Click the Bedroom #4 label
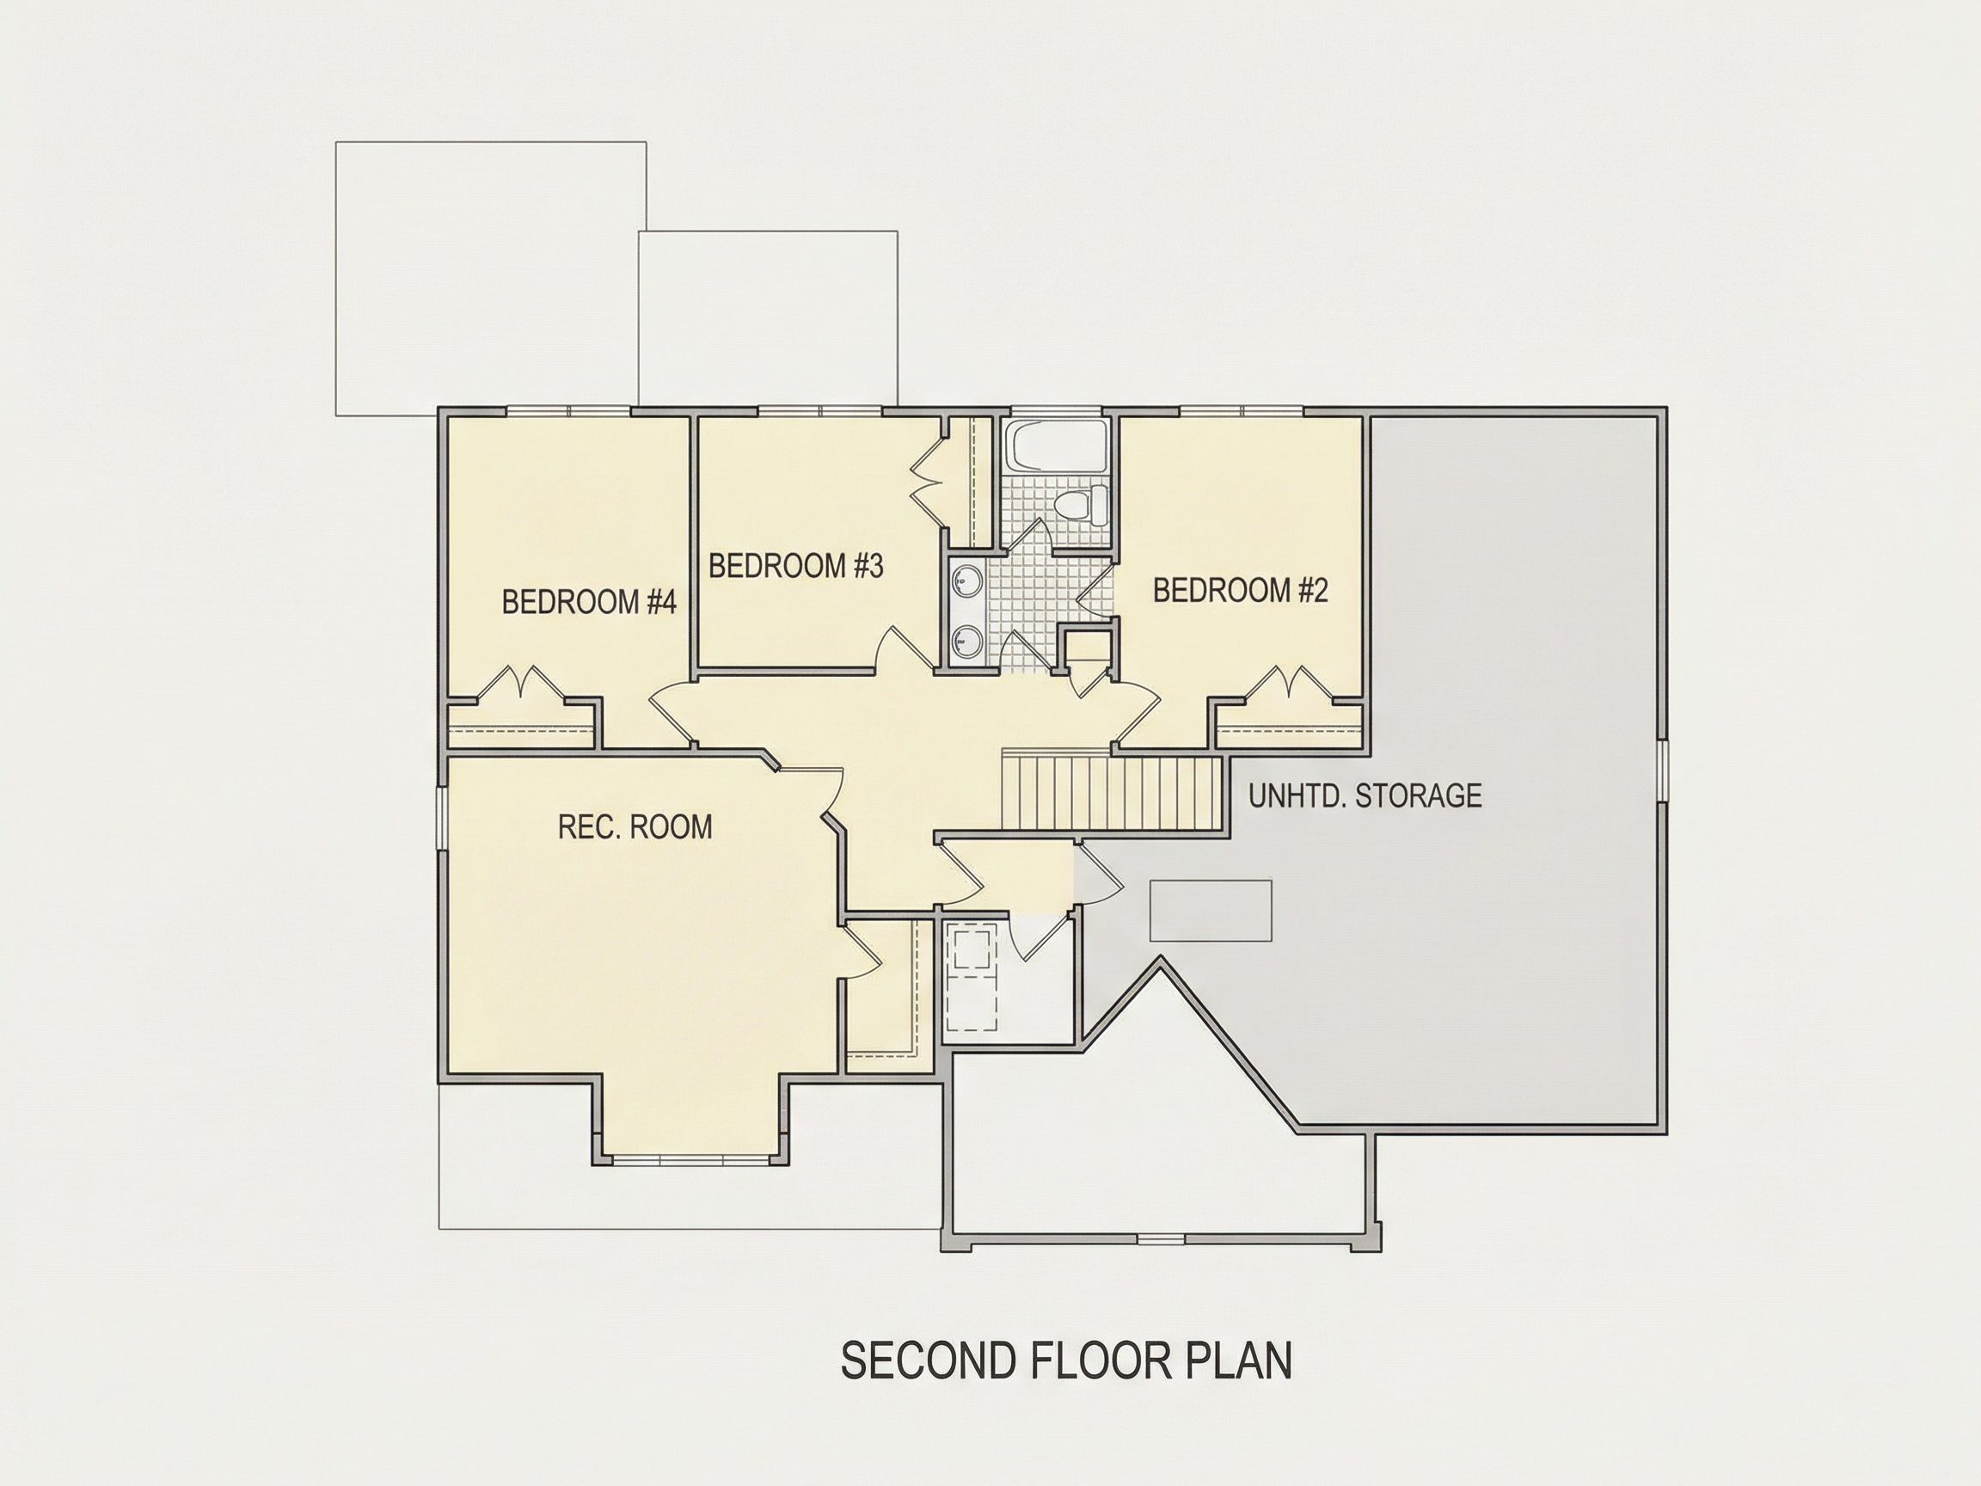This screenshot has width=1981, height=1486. [588, 602]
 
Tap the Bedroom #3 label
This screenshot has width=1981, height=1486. [796, 566]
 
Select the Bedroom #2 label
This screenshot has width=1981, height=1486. [1241, 590]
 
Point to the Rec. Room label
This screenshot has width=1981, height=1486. [635, 826]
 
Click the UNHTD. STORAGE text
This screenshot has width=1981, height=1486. [1365, 795]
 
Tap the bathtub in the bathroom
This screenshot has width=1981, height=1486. [1054, 445]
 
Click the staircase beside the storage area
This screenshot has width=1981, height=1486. [1112, 793]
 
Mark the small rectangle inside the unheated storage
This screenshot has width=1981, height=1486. [1211, 910]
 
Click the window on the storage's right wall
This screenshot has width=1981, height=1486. [1662, 770]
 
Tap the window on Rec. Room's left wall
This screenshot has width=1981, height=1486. [442, 816]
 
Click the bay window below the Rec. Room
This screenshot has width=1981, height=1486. [691, 1160]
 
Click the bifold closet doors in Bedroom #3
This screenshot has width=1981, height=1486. [926, 485]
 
